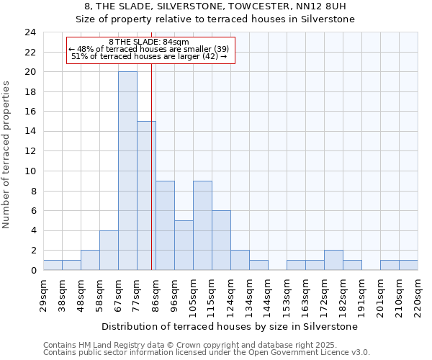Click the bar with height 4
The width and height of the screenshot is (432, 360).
coord(109,250)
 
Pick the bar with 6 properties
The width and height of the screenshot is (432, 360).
coord(221,240)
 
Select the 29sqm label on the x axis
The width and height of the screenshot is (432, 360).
coord(43,294)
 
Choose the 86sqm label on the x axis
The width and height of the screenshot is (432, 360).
coord(156,294)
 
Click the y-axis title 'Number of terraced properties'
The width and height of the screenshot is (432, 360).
coord(8,155)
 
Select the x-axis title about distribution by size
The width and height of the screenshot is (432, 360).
coord(230,326)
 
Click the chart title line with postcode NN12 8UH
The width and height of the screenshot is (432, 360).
coord(215,6)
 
